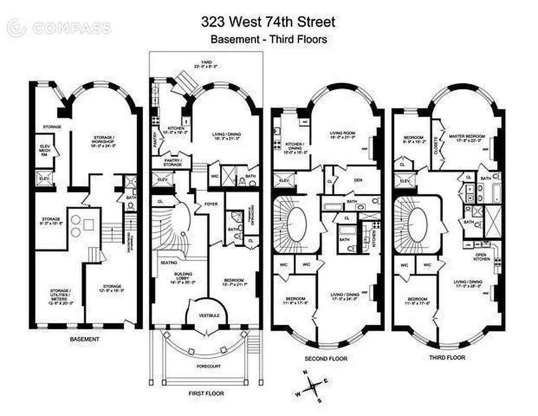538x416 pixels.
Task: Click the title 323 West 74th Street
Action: [x=268, y=22]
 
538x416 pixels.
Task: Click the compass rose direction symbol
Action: [x=312, y=386]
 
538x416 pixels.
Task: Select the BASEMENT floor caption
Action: [x=84, y=339]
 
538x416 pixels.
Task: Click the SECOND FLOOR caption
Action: [x=326, y=358]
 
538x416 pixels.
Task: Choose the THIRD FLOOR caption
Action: [x=447, y=357]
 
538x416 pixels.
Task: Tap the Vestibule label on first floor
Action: [x=209, y=316]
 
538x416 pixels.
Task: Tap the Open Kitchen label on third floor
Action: [x=483, y=256]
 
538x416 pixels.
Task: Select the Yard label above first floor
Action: [x=206, y=64]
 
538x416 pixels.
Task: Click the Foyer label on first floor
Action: [x=211, y=204]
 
